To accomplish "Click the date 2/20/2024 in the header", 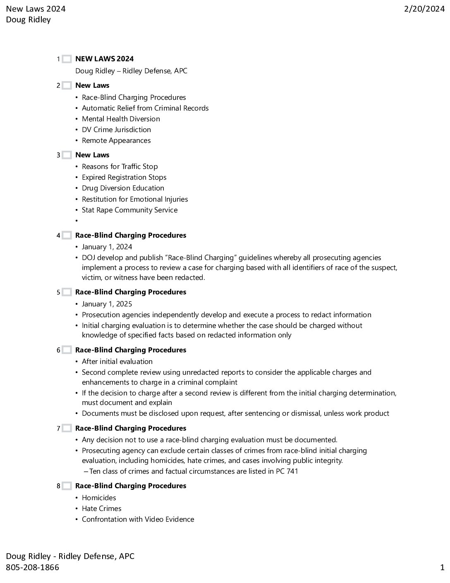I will point(424,9).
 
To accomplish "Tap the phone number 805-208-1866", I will point(32,567).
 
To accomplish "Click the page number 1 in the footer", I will point(442,567).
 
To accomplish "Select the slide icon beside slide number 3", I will point(67,155).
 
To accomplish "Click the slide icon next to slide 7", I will point(67,429).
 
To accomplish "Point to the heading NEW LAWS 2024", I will point(104,59).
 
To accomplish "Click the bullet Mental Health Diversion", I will point(121,119).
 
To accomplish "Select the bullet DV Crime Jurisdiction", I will point(116,130).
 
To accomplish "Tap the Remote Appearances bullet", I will point(116,140).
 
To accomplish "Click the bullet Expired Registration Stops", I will point(124,177).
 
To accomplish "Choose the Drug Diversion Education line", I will point(123,188).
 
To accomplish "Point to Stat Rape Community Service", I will point(129,210).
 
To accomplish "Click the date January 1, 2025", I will point(107,304).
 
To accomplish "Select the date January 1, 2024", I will point(107,247).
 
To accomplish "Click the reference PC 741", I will point(287,471).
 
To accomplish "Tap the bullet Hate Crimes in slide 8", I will point(101,508).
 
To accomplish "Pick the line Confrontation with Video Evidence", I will point(138,519).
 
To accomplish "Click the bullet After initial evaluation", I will point(117,361).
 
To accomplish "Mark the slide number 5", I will point(58,292).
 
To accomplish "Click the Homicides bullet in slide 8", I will point(99,498).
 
